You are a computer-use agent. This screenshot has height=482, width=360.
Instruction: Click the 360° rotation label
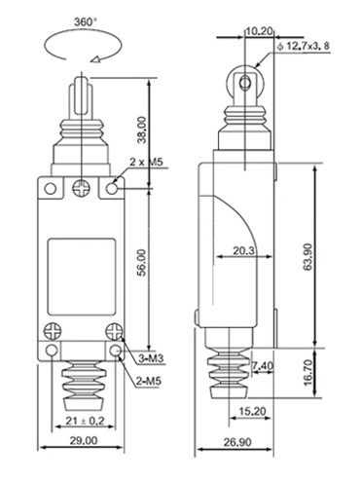pyautogui.click(x=86, y=22)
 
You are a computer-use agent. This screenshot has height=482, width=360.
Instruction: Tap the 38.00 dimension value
pyautogui.click(x=142, y=130)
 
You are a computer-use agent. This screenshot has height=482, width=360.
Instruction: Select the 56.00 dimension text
pyautogui.click(x=142, y=262)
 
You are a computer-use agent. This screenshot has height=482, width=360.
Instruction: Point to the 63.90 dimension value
pyautogui.click(x=307, y=256)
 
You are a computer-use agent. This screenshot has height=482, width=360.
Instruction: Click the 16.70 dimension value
pyautogui.click(x=307, y=372)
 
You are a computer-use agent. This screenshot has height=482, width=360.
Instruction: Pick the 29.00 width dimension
pyautogui.click(x=84, y=440)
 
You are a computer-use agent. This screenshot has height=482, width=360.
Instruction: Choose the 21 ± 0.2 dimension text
pyautogui.click(x=86, y=421)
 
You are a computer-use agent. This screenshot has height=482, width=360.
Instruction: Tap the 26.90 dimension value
pyautogui.click(x=237, y=442)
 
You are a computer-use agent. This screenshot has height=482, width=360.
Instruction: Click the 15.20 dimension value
pyautogui.click(x=252, y=411)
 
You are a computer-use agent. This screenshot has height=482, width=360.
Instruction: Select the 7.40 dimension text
pyautogui.click(x=263, y=366)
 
